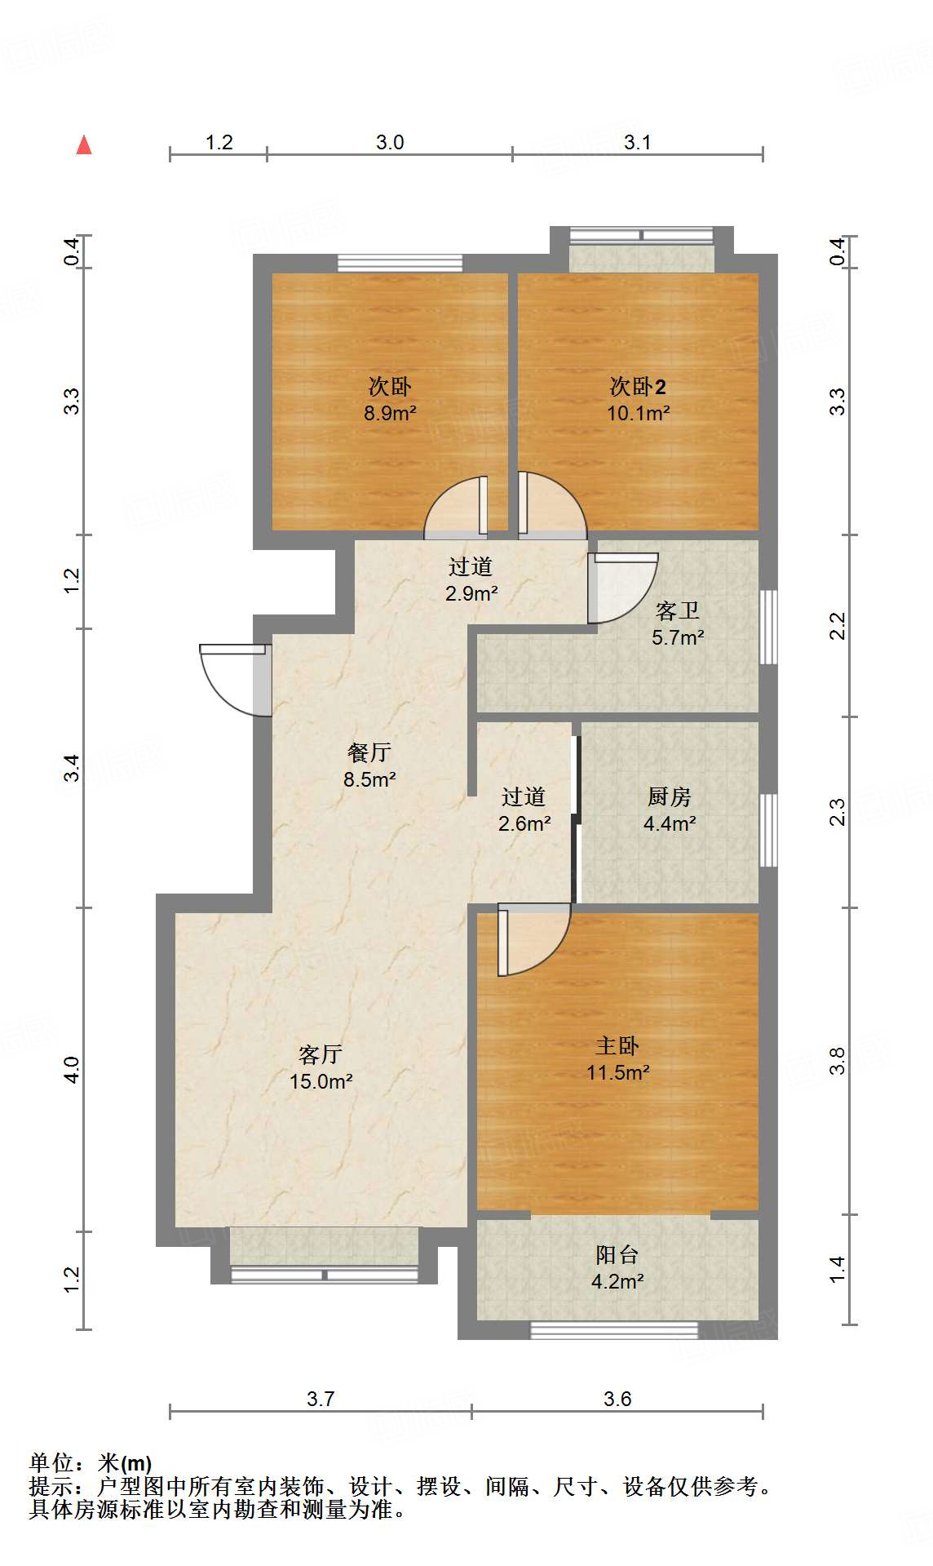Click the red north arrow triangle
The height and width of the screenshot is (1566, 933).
[x=84, y=144]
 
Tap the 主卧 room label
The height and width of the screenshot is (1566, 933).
[x=617, y=1045]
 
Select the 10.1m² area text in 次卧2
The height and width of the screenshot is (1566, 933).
[x=638, y=413]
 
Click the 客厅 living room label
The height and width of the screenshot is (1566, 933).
[x=320, y=1054]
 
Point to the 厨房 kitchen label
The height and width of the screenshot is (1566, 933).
[x=669, y=796]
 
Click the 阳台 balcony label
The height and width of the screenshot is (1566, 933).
[x=617, y=1254]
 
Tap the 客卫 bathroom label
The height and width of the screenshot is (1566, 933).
[x=677, y=610]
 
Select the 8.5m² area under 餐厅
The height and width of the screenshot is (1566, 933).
[x=369, y=779]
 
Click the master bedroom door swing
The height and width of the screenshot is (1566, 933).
[x=532, y=940]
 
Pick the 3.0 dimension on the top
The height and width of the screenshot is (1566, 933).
[x=390, y=142]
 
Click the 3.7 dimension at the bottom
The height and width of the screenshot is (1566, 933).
[x=321, y=1399]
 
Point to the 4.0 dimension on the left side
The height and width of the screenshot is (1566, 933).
[x=72, y=1069]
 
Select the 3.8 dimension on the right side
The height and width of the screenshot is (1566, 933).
[x=838, y=1061]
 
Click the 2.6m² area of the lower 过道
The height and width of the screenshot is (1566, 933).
[x=524, y=823]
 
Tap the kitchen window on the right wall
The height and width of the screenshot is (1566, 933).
[x=768, y=830]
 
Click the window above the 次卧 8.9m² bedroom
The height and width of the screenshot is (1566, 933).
[x=400, y=263]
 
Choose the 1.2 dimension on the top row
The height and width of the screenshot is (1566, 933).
[x=219, y=142]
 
